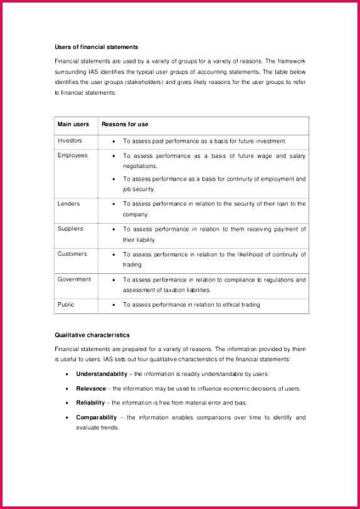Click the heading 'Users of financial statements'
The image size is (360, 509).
pyautogui.click(x=96, y=47)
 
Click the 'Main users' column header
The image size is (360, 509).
pyautogui.click(x=73, y=124)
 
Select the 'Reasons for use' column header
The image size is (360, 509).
pyautogui.click(x=125, y=124)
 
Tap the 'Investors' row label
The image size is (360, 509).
pyautogui.click(x=70, y=141)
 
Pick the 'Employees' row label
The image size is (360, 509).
pyautogui.click(x=73, y=155)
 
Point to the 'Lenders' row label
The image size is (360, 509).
pyautogui.click(x=69, y=204)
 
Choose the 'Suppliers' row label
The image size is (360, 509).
pyautogui.click(x=70, y=229)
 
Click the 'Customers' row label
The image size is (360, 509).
pyautogui.click(x=72, y=254)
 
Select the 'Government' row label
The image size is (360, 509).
pyautogui.click(x=74, y=279)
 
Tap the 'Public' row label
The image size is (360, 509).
pyautogui.click(x=66, y=304)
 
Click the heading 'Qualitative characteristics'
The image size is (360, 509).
pyautogui.click(x=92, y=335)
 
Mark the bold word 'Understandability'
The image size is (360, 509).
pyautogui.click(x=102, y=374)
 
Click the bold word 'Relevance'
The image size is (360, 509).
pyautogui.click(x=91, y=389)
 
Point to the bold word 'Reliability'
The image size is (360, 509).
pyautogui.click(x=90, y=402)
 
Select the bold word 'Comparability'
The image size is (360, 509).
pyautogui.click(x=97, y=417)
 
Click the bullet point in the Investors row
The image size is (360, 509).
pyautogui.click(x=113, y=142)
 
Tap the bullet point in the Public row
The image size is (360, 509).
pyautogui.click(x=113, y=305)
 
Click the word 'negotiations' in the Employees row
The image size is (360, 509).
pyautogui.click(x=140, y=166)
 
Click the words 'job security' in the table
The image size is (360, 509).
pyautogui.click(x=139, y=189)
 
